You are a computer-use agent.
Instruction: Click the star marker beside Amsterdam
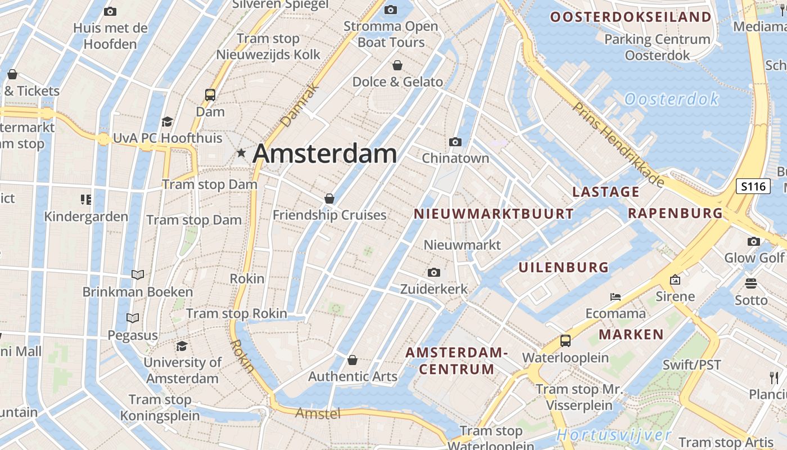[241, 152]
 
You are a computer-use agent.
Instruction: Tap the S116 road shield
[753, 186]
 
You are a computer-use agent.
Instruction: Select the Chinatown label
[455, 158]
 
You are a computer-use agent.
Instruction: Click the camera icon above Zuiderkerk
[433, 273]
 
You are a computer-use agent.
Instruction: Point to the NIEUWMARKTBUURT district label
[494, 214]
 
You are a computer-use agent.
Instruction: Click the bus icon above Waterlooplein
[565, 341]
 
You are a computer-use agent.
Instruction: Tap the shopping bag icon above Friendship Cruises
[329, 199]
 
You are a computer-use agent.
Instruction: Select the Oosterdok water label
[672, 100]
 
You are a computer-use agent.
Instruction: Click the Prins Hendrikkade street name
[618, 144]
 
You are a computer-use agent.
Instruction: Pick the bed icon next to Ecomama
[616, 296]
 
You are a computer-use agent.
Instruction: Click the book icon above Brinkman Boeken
[137, 275]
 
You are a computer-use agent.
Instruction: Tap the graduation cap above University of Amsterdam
[182, 345]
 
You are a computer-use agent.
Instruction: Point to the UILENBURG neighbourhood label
[563, 267]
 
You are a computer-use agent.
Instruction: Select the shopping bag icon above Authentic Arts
[352, 360]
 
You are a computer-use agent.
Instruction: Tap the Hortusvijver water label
[614, 435]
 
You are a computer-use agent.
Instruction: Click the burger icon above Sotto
[750, 283]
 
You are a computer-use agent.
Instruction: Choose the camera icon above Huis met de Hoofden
[110, 11]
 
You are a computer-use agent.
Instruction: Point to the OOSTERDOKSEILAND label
[631, 17]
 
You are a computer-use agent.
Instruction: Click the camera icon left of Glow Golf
[753, 242]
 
